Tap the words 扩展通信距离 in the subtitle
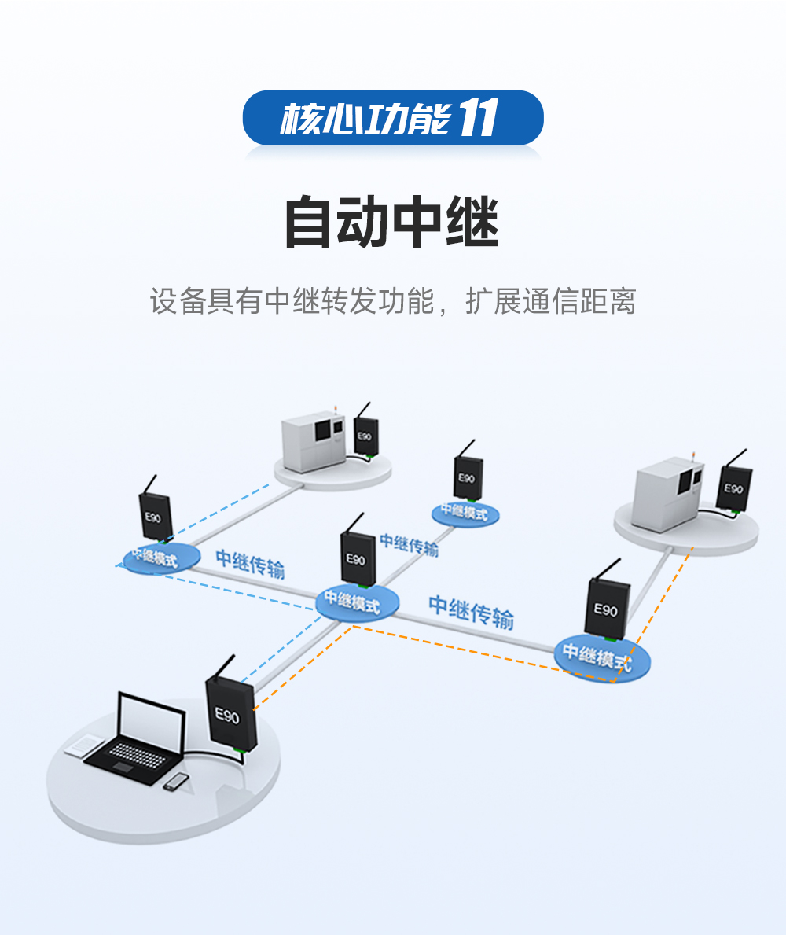pos(550,301)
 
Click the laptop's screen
pos(152,721)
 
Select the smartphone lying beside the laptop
pos(177,781)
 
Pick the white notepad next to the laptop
pos(83,745)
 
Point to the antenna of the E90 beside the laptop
pos(222,666)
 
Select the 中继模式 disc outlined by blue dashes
pos(161,557)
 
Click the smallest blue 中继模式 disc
pos(465,513)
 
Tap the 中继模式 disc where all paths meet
pos(358,602)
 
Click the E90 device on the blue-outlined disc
pos(153,516)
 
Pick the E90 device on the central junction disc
pos(357,558)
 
